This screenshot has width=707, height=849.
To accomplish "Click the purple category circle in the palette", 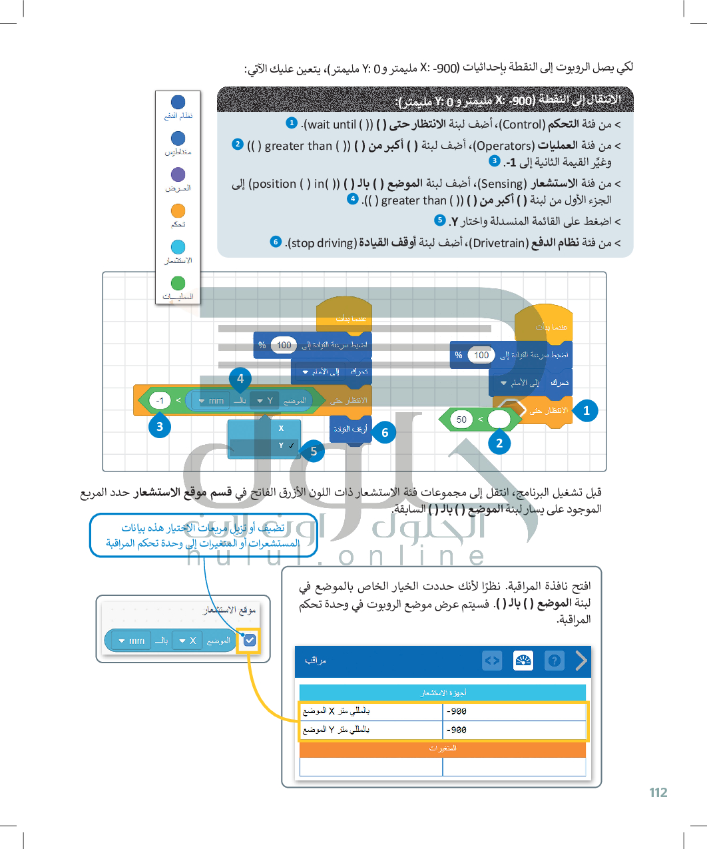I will (178, 174).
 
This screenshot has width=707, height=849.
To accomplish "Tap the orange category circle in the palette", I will (178, 210).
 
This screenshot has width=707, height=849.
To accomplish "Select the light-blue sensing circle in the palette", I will (178, 247).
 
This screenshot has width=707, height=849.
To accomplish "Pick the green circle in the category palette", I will (178, 283).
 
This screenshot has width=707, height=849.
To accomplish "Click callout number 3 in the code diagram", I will (159, 426).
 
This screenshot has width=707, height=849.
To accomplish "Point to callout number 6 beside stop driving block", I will (385, 432).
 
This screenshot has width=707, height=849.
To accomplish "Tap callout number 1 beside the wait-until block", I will (586, 410).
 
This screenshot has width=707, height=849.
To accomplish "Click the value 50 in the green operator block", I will (461, 420).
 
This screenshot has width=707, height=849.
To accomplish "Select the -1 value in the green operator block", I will (160, 400).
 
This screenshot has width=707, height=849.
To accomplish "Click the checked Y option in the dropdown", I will (282, 445).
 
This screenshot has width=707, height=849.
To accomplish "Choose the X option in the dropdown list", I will (281, 428).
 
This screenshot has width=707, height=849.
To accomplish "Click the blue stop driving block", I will (350, 429).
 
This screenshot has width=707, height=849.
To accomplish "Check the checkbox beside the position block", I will (250, 641).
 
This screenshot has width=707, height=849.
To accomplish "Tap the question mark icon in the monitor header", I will (554, 661).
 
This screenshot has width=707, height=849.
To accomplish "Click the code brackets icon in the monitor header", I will (492, 661).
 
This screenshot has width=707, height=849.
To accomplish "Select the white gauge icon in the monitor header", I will (523, 661).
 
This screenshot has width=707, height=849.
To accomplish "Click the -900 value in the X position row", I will (457, 711).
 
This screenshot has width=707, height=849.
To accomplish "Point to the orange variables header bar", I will (443, 748).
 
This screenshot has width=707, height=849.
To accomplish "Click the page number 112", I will (658, 792).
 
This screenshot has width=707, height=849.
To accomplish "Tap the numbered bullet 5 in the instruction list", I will (439, 220).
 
